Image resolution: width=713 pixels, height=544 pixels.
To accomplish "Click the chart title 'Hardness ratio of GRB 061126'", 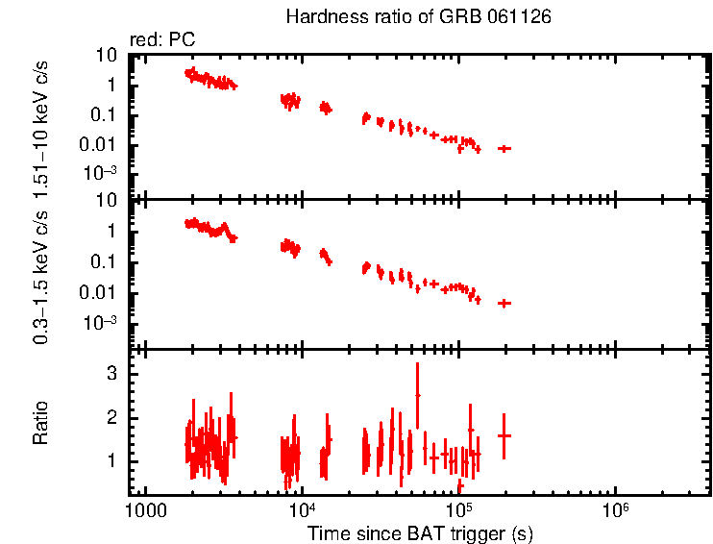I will pos(418,18).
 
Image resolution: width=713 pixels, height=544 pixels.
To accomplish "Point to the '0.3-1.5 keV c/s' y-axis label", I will pos(42,279).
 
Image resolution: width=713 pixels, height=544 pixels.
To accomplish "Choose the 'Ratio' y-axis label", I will pos(42,423).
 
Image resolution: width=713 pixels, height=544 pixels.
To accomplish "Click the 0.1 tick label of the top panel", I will pos(105,114).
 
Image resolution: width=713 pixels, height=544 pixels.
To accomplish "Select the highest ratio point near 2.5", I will pos(417,395).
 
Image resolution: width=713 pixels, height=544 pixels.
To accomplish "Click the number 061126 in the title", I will pos(520,18).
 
